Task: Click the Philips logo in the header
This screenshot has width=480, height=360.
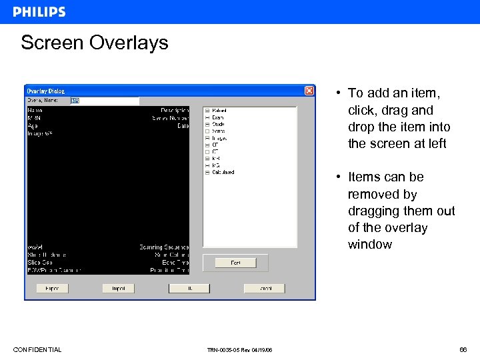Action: [39, 12]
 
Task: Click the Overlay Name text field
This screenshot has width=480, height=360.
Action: [105, 101]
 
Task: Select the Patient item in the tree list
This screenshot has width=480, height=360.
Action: [219, 111]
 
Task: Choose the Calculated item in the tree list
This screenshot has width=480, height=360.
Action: [223, 172]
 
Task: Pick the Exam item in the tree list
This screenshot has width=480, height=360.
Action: [218, 117]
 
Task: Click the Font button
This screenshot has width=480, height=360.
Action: [235, 263]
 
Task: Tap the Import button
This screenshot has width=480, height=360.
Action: [119, 289]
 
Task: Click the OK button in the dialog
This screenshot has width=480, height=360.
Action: [189, 289]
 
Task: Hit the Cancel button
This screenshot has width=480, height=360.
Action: [264, 289]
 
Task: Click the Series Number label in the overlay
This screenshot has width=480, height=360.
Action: [171, 118]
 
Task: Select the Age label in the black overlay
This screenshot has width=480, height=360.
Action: [32, 125]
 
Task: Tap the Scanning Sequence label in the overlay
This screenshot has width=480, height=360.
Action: [164, 247]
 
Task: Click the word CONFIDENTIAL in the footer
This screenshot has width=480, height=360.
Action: [37, 350]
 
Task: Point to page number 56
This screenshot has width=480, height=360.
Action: [463, 350]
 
